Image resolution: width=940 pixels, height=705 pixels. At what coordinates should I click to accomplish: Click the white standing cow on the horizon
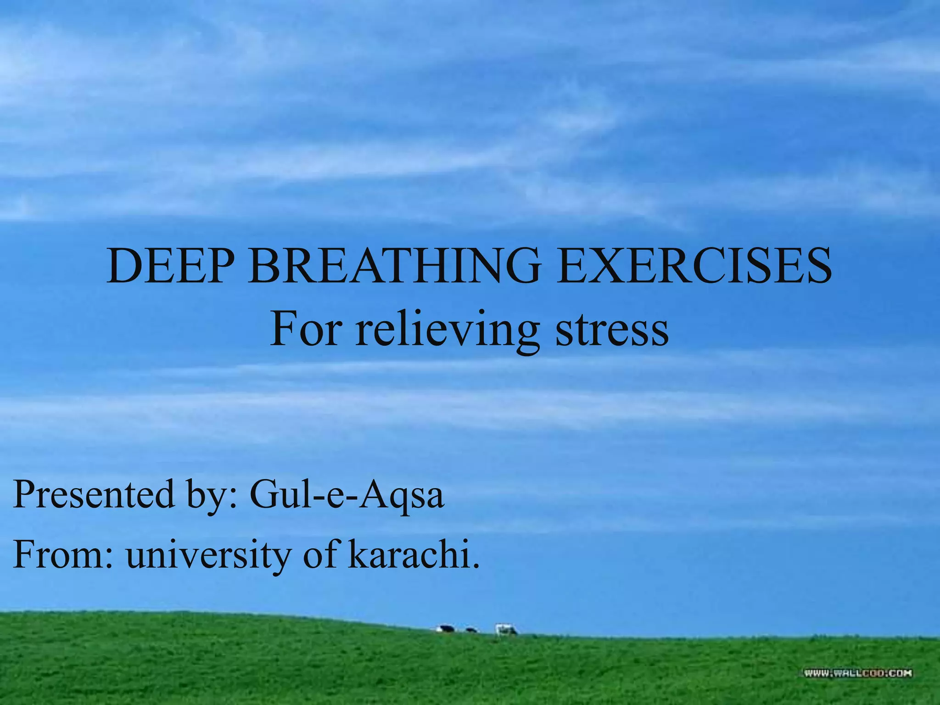(505, 629)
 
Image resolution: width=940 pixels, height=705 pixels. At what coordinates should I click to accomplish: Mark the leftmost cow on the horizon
(445, 628)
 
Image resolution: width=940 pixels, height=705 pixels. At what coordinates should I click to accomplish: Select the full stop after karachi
(476, 565)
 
